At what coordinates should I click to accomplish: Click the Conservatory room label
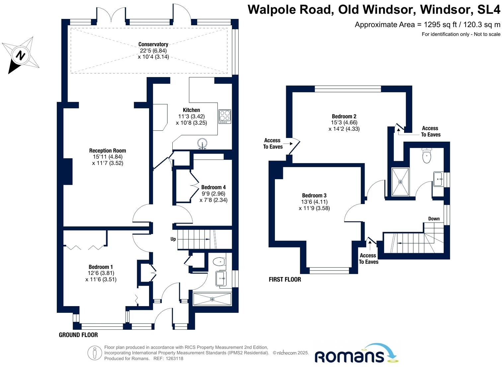tap(153, 45)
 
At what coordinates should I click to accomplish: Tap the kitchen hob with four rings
tap(225, 116)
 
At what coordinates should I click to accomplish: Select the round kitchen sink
tap(203, 143)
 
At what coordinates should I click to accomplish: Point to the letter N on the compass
tap(20, 55)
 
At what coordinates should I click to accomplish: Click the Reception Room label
tap(108, 151)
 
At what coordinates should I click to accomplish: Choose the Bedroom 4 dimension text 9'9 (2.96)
tap(213, 193)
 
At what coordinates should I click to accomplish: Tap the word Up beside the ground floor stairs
tap(173, 239)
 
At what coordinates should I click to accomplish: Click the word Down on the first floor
tap(434, 218)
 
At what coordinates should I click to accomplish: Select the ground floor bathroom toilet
tap(219, 262)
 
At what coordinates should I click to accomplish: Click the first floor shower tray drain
tap(400, 182)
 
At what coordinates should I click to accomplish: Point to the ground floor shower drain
tap(212, 299)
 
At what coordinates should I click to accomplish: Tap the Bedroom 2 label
tap(344, 116)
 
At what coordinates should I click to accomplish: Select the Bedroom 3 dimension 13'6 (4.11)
tap(314, 202)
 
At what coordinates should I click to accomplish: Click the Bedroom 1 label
tap(101, 267)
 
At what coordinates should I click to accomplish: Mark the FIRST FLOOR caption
tap(285, 279)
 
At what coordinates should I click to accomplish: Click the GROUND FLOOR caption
tap(78, 335)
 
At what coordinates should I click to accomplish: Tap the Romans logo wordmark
tap(350, 357)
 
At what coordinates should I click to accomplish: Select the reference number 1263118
tap(174, 358)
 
